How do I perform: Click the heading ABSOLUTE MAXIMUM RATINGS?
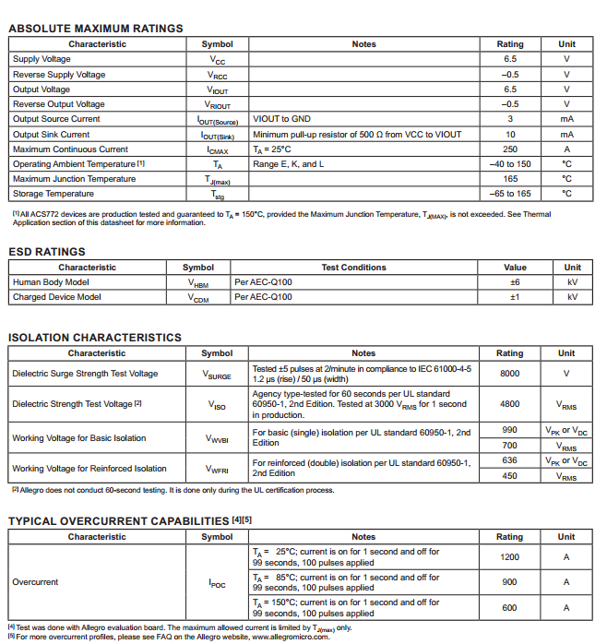point(95,29)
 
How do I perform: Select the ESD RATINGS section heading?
point(46,252)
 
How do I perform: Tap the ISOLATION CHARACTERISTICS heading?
point(94,338)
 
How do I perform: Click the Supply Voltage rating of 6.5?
point(509,59)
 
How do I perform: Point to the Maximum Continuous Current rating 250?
point(509,149)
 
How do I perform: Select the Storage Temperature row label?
point(54,194)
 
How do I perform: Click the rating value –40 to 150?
point(509,164)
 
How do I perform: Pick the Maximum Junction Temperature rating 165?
point(509,179)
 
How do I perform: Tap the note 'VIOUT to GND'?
point(281,119)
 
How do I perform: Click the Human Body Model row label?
point(51,282)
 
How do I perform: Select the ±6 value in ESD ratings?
point(515,282)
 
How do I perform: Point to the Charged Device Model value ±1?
point(515,297)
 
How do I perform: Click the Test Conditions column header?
point(353,268)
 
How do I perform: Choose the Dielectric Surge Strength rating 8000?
point(509,374)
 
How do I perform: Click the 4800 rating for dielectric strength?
point(509,403)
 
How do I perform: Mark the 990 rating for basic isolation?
point(509,430)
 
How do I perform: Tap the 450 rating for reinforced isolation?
point(509,476)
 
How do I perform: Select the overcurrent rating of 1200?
point(509,557)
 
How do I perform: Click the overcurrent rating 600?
point(509,607)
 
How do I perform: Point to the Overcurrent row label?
point(35,582)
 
